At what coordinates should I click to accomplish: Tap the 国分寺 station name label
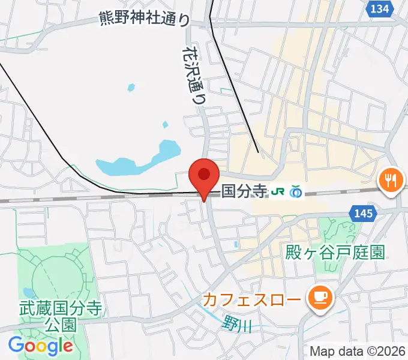click(x=244, y=191)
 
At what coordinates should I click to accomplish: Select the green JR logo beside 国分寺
click(x=278, y=192)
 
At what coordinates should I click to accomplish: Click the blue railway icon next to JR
click(x=295, y=192)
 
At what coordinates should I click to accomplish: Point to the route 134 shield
click(x=380, y=9)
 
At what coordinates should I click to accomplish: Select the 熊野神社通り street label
click(x=145, y=19)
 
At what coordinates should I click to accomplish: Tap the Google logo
click(x=40, y=346)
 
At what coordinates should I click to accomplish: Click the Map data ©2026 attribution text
click(x=358, y=351)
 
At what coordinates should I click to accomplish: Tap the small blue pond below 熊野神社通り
click(x=131, y=88)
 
